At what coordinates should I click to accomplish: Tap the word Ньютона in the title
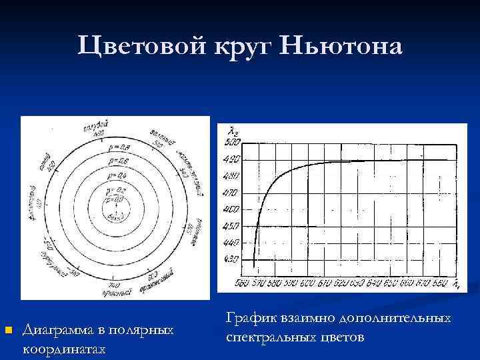coord(343,47)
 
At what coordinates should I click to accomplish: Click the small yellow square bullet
coord(7,330)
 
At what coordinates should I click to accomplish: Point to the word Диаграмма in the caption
coord(62,330)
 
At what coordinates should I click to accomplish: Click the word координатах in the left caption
coord(64,349)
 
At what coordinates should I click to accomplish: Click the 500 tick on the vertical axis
coord(231,142)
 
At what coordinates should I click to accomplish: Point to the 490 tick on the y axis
coord(231,159)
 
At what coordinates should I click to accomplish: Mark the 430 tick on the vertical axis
coord(231,259)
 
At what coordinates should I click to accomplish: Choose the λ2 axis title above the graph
coord(233,129)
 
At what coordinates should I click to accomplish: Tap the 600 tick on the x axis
coord(307,283)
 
